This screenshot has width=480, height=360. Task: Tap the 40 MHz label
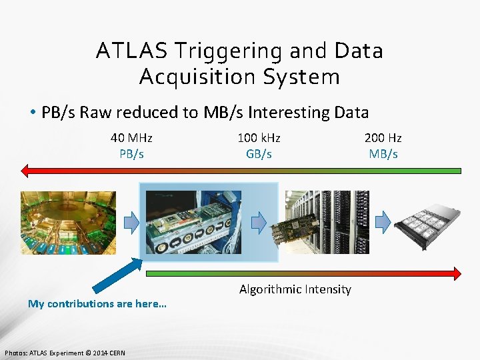coord(131,138)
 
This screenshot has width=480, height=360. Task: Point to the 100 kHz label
coord(259,138)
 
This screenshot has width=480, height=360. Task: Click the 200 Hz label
coord(383,138)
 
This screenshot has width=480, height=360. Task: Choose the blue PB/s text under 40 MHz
coord(131,154)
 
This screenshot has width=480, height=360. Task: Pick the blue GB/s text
coord(259,154)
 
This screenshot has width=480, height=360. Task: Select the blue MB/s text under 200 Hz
coord(383,154)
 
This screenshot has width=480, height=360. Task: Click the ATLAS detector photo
coord(67,223)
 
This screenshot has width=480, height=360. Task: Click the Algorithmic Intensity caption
coord(295,289)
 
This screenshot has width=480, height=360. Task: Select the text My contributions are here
coord(97,304)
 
